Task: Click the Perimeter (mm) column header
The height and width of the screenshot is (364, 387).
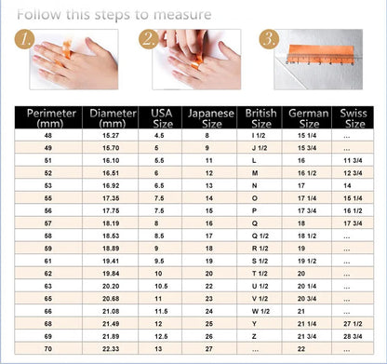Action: (x=47, y=119)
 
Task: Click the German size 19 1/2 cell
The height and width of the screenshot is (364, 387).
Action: (x=308, y=261)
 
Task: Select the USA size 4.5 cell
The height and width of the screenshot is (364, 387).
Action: (x=159, y=136)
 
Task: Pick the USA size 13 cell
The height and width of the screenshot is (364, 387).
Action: (x=158, y=347)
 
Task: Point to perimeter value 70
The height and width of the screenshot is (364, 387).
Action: (x=47, y=347)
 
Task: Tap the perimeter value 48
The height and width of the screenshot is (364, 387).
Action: (x=47, y=136)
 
